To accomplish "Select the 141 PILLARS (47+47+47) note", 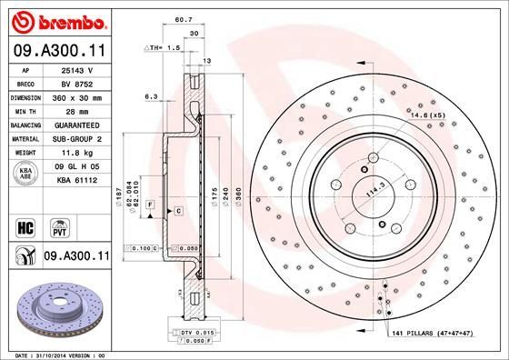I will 435,335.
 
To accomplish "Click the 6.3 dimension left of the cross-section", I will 151,95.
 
